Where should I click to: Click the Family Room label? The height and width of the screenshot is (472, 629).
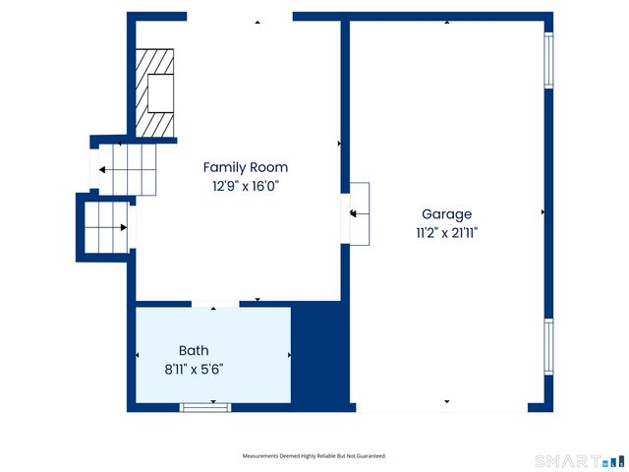pyautogui.click(x=246, y=168)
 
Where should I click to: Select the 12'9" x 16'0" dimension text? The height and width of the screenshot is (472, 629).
pyautogui.click(x=246, y=186)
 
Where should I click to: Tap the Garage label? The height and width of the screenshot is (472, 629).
pyautogui.click(x=446, y=214)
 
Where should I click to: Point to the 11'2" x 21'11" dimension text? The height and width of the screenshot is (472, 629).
pyautogui.click(x=447, y=233)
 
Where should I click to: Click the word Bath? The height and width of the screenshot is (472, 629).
pyautogui.click(x=194, y=350)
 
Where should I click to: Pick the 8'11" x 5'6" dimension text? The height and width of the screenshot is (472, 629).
pyautogui.click(x=194, y=369)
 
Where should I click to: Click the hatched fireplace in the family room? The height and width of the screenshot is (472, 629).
pyautogui.click(x=155, y=92)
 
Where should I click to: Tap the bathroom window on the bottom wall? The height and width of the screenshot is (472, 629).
pyautogui.click(x=205, y=407)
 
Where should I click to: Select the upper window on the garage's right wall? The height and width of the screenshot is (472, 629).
pyautogui.click(x=548, y=60)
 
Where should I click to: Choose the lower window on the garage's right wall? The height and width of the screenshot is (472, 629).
pyautogui.click(x=548, y=347)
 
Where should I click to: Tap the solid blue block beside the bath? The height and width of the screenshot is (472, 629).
pyautogui.click(x=320, y=355)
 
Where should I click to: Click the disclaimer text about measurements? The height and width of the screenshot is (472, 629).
pyautogui.click(x=314, y=456)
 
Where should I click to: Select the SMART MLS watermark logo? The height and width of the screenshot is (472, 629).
pyautogui.click(x=580, y=461)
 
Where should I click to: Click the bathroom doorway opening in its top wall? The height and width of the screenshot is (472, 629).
pyautogui.click(x=215, y=304)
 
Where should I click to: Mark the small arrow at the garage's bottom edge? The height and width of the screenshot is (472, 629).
pyautogui.click(x=447, y=401)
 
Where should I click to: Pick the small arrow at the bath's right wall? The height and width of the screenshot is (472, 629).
pyautogui.click(x=289, y=355)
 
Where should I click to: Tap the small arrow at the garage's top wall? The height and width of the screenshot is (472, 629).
pyautogui.click(x=447, y=23)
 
